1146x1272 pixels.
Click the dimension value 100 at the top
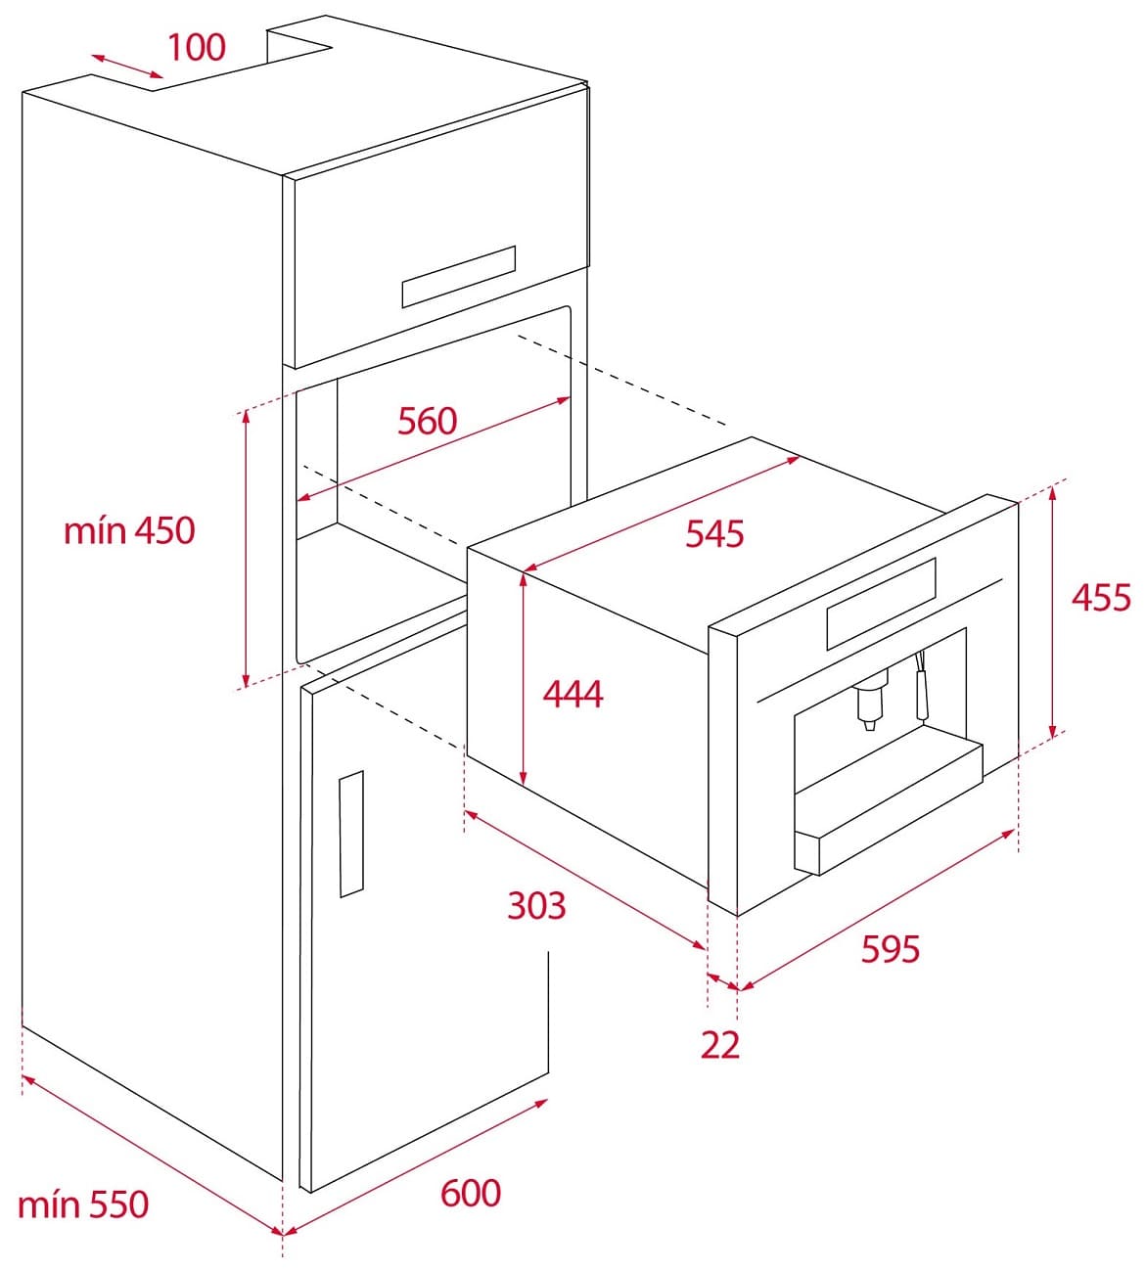coord(197,47)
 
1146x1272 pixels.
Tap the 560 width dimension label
coord(428,421)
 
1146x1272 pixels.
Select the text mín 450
coord(129,530)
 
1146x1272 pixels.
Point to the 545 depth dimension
coord(714,534)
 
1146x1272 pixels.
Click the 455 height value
coord(1101,597)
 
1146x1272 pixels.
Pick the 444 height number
coord(573,695)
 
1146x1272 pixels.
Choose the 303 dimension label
coord(536,906)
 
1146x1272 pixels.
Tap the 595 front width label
coord(891,949)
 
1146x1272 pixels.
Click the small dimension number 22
coord(720,1045)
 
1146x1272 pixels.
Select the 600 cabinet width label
coord(471,1193)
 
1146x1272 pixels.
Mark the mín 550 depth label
coord(83,1204)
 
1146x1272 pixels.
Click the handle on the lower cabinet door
coord(351,834)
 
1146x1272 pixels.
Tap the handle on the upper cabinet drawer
coord(458,276)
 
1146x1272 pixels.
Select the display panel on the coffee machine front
coord(881,604)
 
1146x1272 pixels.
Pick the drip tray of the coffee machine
coord(886,807)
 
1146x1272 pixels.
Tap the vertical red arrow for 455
coord(1053,612)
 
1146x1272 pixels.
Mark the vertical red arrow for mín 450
coord(246,548)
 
